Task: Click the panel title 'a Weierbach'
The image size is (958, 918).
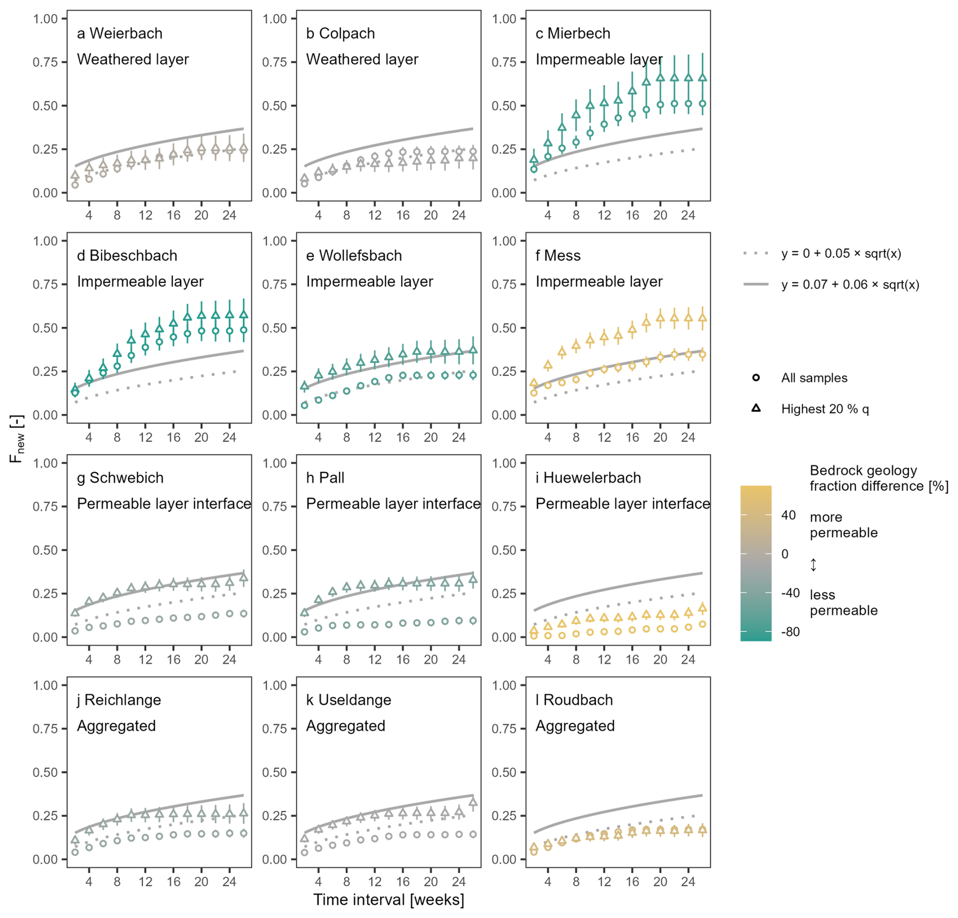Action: [x=119, y=33]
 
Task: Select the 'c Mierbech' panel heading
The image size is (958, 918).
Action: [x=573, y=33]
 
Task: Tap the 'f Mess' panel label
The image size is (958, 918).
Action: [x=557, y=255]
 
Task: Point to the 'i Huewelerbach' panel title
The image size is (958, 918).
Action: [x=588, y=477]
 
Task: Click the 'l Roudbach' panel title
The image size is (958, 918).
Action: [x=574, y=700]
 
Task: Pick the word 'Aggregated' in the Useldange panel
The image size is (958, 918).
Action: [x=345, y=725]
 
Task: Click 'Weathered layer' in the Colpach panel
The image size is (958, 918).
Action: [x=362, y=59]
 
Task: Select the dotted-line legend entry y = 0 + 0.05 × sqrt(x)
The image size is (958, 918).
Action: [x=841, y=253]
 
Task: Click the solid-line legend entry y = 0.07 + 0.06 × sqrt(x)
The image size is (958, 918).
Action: [x=850, y=284]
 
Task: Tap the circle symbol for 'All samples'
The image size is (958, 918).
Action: [x=755, y=377]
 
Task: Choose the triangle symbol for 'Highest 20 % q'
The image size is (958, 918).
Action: [x=755, y=408]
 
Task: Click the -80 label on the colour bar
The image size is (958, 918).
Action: [x=790, y=632]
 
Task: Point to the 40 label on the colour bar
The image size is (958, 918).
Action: [x=788, y=515]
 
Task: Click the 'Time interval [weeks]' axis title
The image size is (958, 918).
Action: [x=388, y=899]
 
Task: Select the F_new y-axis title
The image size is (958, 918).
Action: [x=17, y=439]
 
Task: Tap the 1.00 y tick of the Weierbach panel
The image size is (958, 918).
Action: [x=45, y=19]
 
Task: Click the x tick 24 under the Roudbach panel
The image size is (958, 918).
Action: [x=688, y=882]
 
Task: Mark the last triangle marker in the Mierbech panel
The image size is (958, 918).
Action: [x=702, y=78]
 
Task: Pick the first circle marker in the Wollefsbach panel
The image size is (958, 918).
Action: [x=304, y=405]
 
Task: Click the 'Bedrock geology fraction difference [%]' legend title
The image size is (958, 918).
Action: [x=879, y=478]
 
